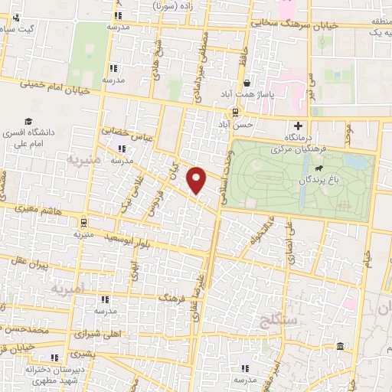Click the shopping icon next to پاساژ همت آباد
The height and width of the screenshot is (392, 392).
click(x=247, y=84)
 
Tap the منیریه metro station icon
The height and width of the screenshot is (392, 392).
click(x=83, y=223)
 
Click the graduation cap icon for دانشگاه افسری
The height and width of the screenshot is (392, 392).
click(x=28, y=121)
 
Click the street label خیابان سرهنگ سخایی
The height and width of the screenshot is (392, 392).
click(x=276, y=25)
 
